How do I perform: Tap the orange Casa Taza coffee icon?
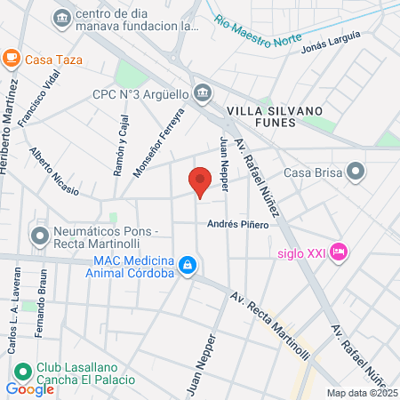pyautogui.click(x=11, y=59)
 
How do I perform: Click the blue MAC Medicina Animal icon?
pyautogui.click(x=188, y=266)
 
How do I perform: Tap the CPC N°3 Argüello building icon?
pyautogui.click(x=203, y=92)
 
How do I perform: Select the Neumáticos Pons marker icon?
pyautogui.click(x=39, y=236)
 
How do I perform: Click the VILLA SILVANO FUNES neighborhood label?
pyautogui.click(x=271, y=116)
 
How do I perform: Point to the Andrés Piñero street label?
pyautogui.click(x=237, y=225)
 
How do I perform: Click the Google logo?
pyautogui.click(x=29, y=388)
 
